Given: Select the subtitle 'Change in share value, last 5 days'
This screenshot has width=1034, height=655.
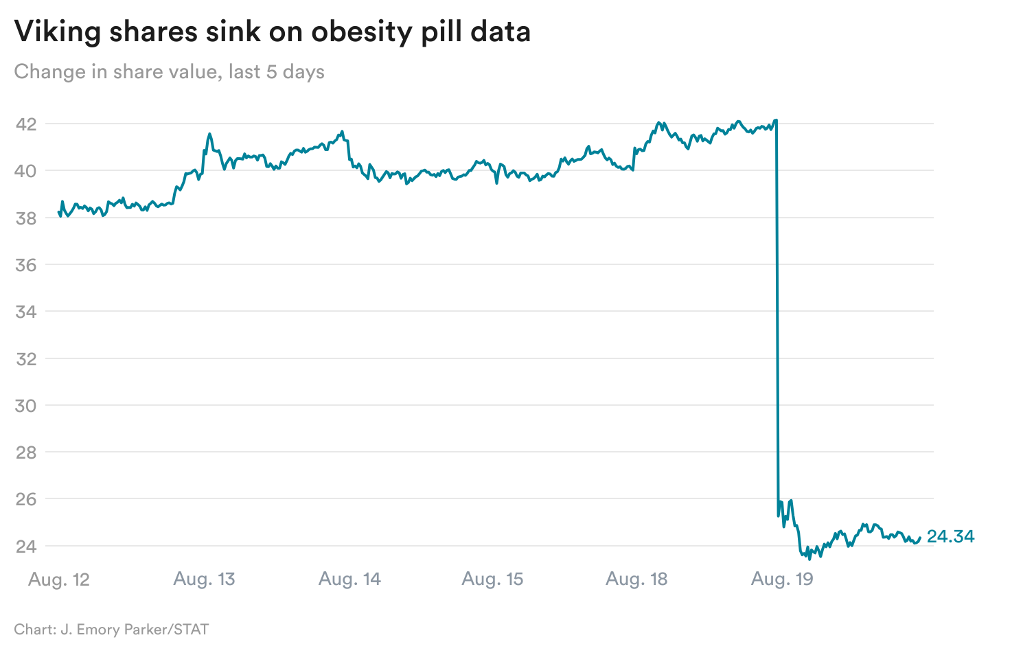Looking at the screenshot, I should point(169,71).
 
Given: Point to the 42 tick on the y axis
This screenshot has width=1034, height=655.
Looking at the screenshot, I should point(26,124).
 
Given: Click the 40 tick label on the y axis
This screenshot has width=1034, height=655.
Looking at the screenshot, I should point(26,171).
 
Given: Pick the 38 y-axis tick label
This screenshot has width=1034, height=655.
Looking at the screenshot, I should point(26,218).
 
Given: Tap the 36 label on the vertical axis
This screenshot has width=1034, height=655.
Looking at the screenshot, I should point(26,265).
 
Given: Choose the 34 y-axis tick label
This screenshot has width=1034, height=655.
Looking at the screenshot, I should point(26,312).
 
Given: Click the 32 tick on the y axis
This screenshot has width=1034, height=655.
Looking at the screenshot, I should point(26,358).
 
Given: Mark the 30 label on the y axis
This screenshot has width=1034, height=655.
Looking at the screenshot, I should point(26,406).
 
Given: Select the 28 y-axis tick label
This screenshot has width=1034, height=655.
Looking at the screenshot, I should point(26,452).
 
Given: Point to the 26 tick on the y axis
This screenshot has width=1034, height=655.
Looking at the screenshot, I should point(26,499).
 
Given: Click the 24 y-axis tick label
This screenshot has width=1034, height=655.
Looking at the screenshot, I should point(26,547).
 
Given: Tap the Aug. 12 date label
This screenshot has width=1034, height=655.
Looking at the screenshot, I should point(59,579).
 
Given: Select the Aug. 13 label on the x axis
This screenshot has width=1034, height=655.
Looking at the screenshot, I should point(204,579).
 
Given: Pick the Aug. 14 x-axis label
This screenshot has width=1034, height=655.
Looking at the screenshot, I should point(349,579).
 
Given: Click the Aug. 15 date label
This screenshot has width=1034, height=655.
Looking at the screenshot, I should point(492,579).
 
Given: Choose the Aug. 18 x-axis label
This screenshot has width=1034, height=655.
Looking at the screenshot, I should point(636,579).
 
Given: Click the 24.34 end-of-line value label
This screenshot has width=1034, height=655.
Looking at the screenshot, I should point(950,537).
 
